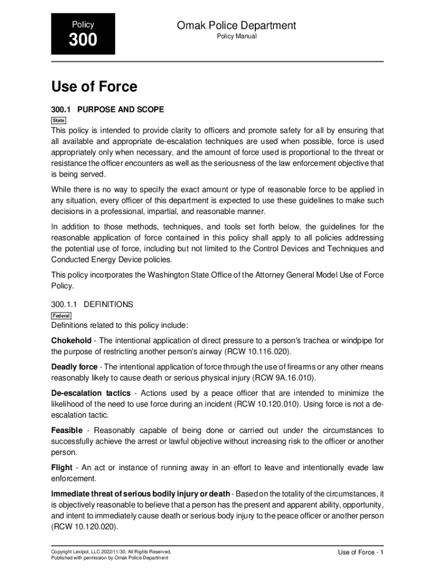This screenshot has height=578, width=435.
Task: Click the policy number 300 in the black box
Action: [83, 41]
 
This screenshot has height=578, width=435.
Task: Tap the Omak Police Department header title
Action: [236, 25]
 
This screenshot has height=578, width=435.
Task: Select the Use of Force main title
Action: [94, 87]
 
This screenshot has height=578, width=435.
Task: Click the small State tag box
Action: [59, 121]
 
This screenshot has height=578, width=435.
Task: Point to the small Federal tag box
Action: [61, 316]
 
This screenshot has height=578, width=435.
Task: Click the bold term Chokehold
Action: [71, 340]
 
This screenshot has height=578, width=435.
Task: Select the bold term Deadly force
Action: [74, 367]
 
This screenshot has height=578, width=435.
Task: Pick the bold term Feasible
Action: [67, 431]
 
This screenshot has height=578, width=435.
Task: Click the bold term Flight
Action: [62, 467]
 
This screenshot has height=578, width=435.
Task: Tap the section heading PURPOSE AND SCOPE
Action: [120, 109]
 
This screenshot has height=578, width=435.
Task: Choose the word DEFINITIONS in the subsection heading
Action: [108, 304]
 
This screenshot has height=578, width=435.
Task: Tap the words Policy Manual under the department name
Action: [237, 37]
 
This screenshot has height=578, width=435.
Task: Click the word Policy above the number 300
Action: [83, 24]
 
